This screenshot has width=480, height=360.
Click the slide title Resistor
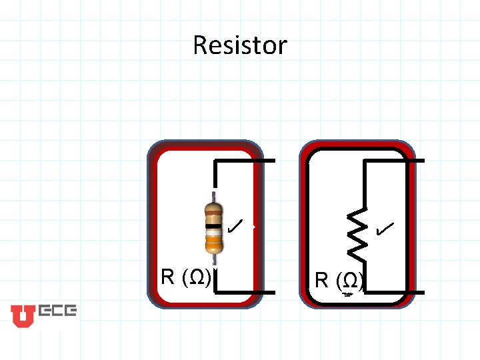239,45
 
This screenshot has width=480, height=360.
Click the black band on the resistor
213,227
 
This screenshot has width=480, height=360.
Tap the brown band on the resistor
213,209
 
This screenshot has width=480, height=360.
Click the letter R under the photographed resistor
168,277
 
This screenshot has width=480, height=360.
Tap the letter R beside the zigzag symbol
322,280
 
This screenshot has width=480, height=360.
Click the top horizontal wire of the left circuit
244,161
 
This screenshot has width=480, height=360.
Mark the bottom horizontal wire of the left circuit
244,292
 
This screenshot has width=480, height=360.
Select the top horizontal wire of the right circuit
393,161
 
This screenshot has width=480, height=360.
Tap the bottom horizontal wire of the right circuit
393,292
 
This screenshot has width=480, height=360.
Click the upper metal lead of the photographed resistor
213,197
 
